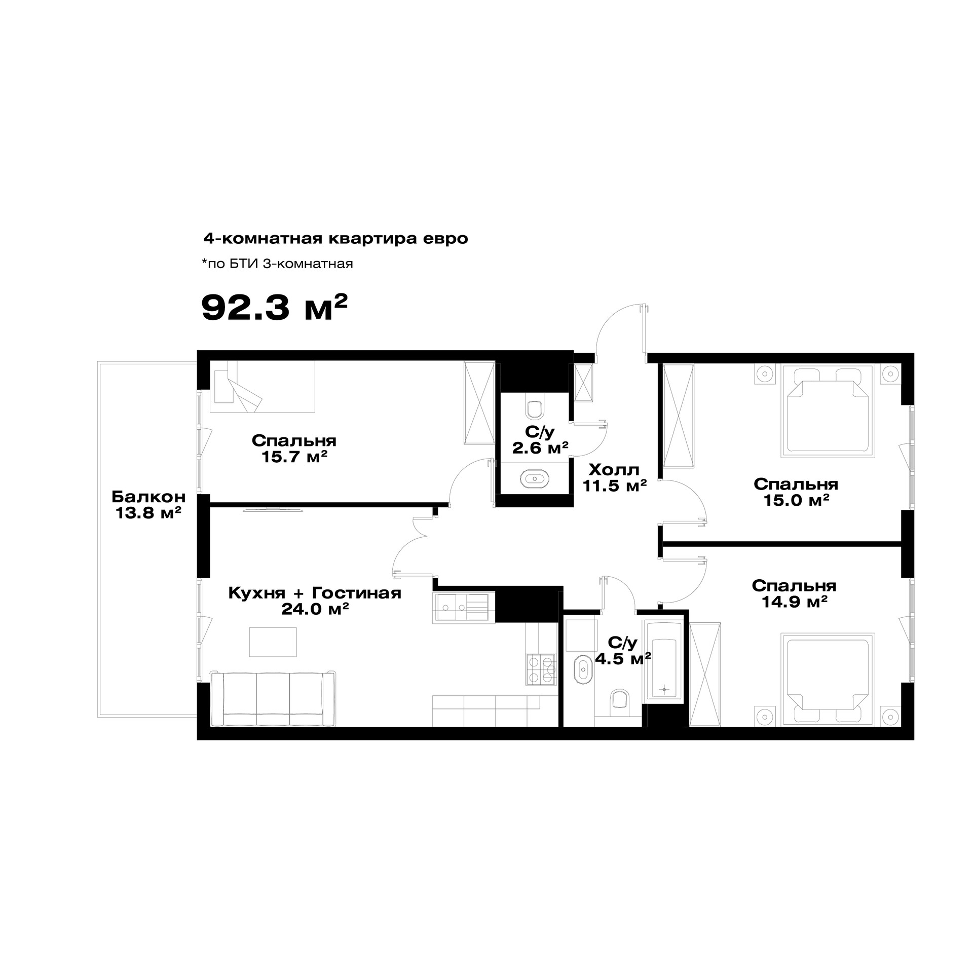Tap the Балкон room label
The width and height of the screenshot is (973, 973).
(x=148, y=496)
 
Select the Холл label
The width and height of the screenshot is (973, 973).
(x=614, y=469)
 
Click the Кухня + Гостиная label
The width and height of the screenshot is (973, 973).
(x=315, y=592)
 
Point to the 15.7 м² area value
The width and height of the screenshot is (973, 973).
(x=294, y=457)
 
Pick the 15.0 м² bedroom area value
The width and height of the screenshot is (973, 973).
(x=796, y=500)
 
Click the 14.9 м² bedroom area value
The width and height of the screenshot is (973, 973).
(x=795, y=602)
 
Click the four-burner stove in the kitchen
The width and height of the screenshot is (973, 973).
(x=541, y=669)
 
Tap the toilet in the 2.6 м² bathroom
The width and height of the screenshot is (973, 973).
(x=535, y=408)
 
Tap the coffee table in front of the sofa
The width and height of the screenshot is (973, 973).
(x=273, y=642)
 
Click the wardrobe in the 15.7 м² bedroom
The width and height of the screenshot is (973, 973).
(x=479, y=403)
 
